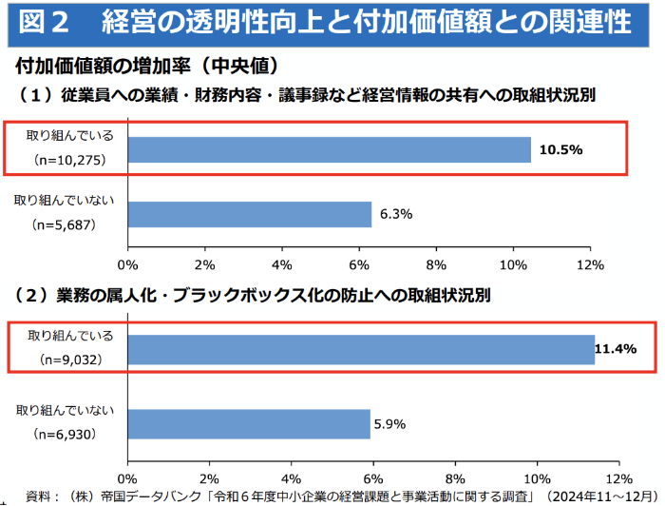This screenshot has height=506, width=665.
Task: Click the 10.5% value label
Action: (x=560, y=150)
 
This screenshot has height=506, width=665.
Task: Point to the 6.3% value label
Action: (x=395, y=214)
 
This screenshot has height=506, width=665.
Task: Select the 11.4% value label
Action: (x=615, y=349)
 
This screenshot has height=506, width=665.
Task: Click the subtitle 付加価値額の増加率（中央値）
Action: (x=146, y=67)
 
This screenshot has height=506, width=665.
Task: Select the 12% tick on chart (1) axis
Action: (x=591, y=263)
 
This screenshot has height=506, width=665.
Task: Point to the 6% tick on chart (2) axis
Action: (x=373, y=477)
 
